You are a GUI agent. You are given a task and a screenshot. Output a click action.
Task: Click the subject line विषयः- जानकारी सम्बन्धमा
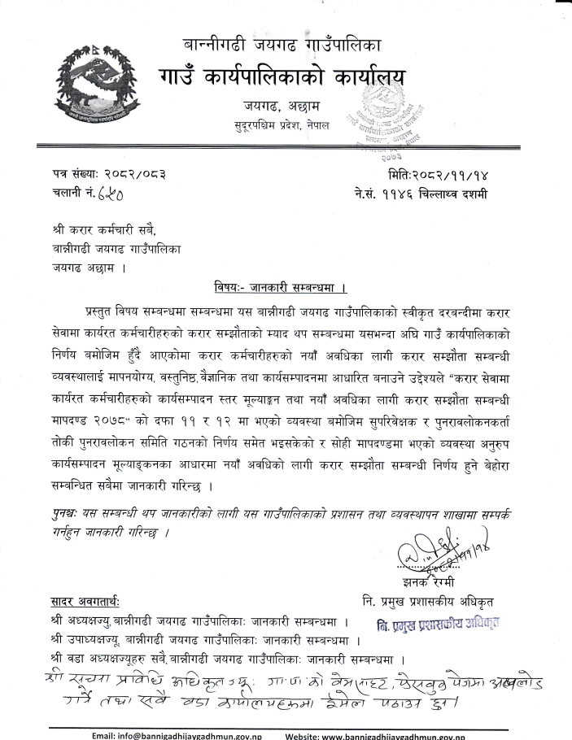(x=275, y=287)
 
